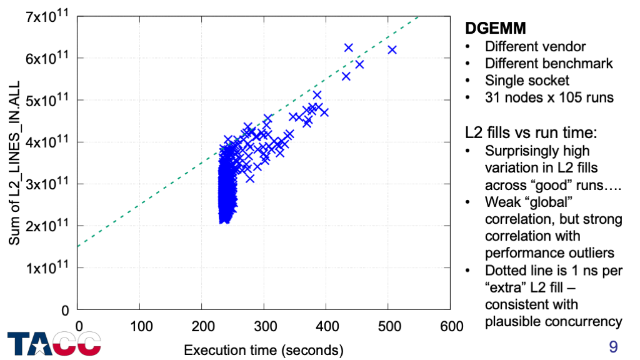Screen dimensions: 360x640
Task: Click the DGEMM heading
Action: click(496, 28)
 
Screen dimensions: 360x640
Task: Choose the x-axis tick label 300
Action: click(264, 326)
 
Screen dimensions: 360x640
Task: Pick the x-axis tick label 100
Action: click(140, 326)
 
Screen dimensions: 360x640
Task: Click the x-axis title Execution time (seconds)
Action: click(264, 349)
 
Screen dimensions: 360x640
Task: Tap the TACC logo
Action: click(54, 343)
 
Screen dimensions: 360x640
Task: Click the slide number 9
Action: click(612, 346)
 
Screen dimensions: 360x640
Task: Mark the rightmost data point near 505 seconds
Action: click(392, 50)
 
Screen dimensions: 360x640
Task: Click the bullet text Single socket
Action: click(527, 81)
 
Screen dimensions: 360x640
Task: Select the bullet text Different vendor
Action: click(535, 46)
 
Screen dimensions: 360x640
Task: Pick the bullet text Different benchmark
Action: click(549, 63)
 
